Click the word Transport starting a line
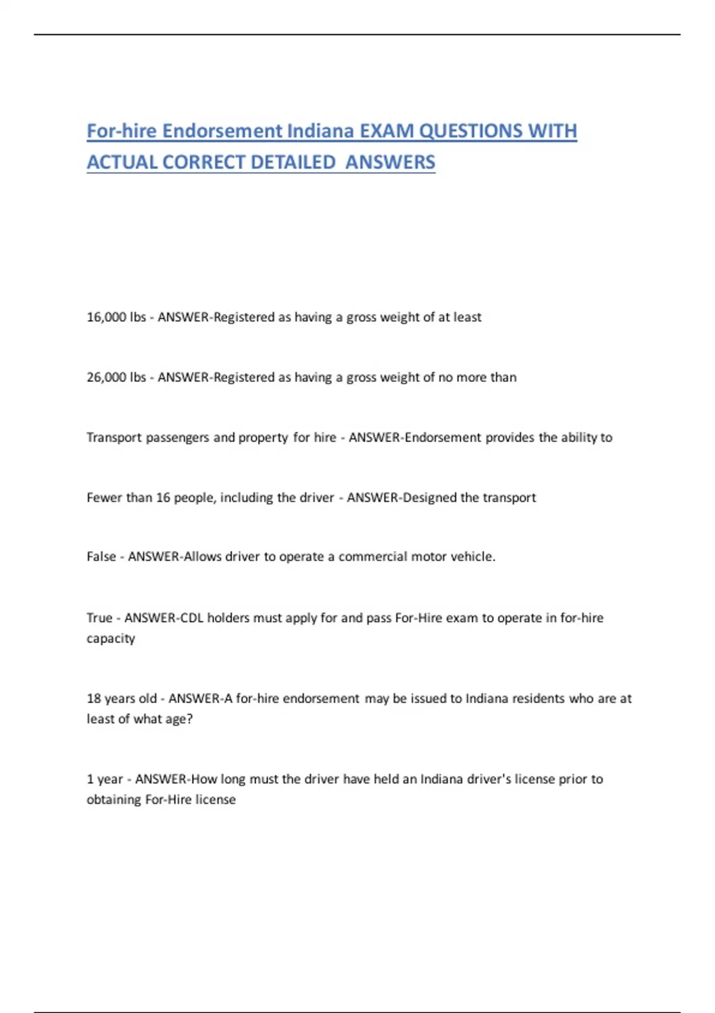(x=114, y=438)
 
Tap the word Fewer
(x=104, y=498)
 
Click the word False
(x=101, y=557)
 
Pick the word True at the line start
(x=100, y=618)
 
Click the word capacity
(x=111, y=639)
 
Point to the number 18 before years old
(x=94, y=698)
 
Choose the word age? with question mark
(x=179, y=719)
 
